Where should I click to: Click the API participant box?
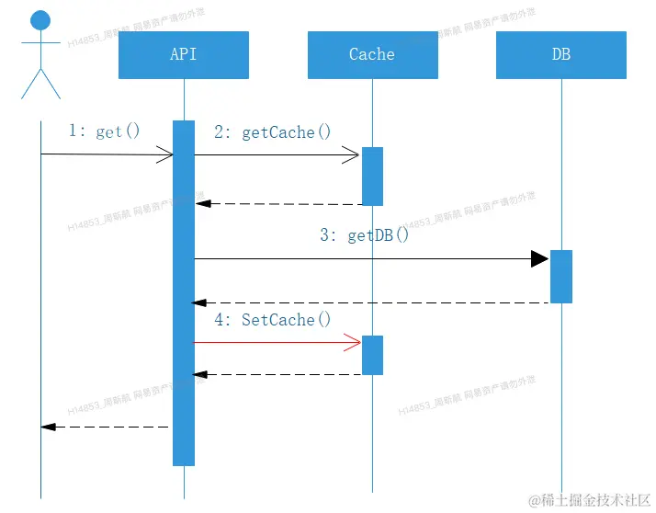click(x=184, y=55)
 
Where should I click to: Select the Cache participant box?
click(x=372, y=55)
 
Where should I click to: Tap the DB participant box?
click(x=561, y=55)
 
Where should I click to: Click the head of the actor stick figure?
click(x=40, y=20)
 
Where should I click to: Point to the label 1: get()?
click(x=105, y=131)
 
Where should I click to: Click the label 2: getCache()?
click(x=272, y=132)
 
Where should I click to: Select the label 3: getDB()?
click(x=365, y=235)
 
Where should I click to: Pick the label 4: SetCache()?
click(x=272, y=320)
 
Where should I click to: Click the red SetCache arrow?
click(x=276, y=343)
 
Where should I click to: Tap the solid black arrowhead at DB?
click(x=539, y=258)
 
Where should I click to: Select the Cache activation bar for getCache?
click(x=372, y=176)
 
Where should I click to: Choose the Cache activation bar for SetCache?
click(x=372, y=355)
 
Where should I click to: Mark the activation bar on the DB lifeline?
click(x=561, y=276)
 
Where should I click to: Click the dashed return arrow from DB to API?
click(x=368, y=302)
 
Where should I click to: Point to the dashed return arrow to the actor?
click(x=106, y=427)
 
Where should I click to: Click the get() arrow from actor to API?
click(x=106, y=154)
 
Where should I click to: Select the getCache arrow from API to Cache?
click(x=276, y=155)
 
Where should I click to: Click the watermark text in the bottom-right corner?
click(x=589, y=500)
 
